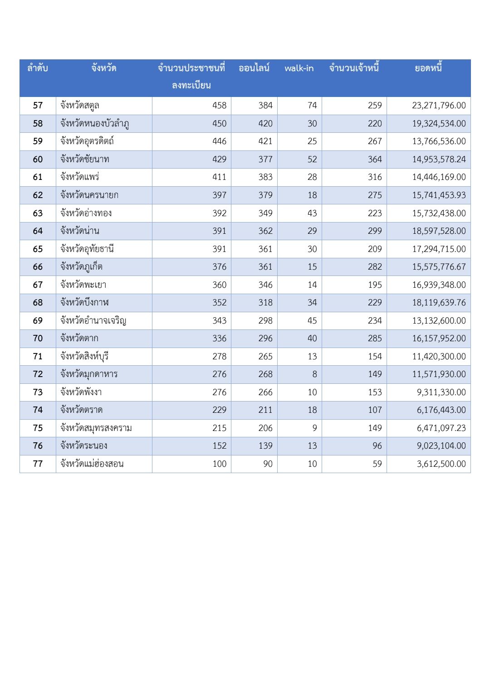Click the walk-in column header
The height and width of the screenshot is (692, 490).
pos(299,68)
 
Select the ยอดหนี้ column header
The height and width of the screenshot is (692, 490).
pos(428,68)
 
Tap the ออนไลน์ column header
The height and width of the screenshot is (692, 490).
pos(254,68)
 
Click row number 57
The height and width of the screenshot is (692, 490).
pos(38,106)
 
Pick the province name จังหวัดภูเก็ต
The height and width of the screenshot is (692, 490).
pos(82,267)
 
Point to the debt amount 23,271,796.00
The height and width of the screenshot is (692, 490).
pos(439,106)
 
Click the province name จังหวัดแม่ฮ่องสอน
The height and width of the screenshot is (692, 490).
pos(92,464)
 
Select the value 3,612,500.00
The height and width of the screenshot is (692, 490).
pos(441,464)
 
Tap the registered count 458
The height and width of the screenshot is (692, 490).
pos(219,106)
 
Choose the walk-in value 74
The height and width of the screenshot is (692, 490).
pos(312,106)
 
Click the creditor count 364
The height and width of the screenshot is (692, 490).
pos(375,160)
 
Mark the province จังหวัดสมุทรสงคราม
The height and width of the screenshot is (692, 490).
pos(96,428)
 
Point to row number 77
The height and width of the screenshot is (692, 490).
pos(38,464)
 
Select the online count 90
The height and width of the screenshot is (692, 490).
pos(268,464)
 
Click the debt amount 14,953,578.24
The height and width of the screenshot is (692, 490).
pos(439,160)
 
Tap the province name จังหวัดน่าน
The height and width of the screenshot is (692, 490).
pos(80,231)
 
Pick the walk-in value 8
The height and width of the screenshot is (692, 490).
pos(314,374)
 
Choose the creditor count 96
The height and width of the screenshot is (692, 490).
pos(377,446)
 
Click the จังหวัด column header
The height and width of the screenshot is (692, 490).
pos(104,68)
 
